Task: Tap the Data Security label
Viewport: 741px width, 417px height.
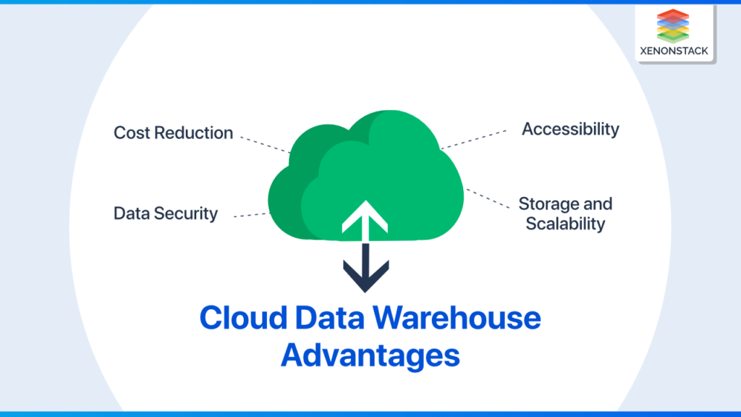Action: coord(166,214)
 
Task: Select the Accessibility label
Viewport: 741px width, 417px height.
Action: coord(571,130)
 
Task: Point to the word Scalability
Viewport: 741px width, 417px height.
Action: coord(565,224)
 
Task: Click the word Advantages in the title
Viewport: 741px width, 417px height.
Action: coord(370,356)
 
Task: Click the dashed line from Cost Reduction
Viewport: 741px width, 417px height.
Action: coord(265,142)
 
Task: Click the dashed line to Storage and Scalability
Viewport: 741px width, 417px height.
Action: coord(486,198)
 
